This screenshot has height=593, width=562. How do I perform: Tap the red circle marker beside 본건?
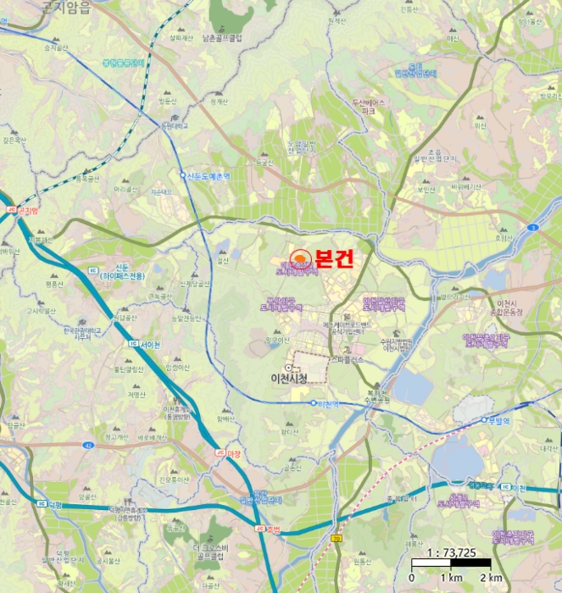coord(300,259)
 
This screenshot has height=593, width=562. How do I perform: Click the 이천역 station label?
coord(326,404)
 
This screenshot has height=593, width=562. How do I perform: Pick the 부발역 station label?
coord(502,419)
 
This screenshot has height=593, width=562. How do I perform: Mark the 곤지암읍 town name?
coord(64,7)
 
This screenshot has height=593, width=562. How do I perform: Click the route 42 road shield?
coord(90,444)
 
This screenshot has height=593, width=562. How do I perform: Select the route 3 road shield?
coord(531,228)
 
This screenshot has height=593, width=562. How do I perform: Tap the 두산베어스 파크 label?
coord(368,107)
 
